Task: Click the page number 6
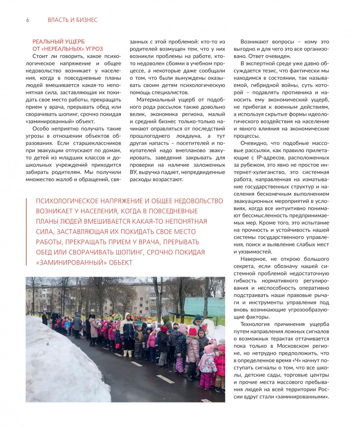click(27, 20)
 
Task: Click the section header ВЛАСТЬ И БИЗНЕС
click(72, 20)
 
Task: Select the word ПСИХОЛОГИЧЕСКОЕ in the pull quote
click(68, 201)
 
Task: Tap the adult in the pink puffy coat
click(94, 327)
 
